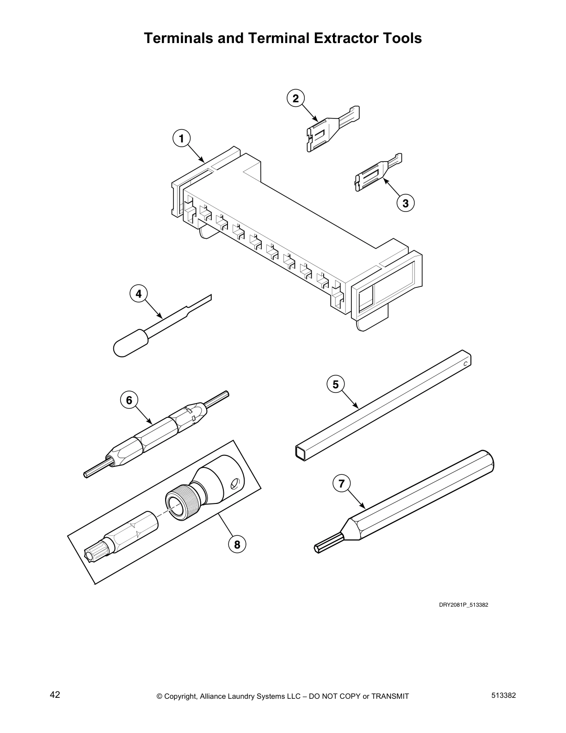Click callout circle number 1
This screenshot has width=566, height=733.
coord(181,138)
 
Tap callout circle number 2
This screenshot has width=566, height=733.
coord(295,98)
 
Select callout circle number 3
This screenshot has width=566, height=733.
coord(405,203)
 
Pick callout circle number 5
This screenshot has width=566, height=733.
coord(335,384)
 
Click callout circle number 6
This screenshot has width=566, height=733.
coord(129,400)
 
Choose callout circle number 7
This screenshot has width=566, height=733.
coord(341,484)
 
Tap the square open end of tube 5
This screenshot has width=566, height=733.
coord(301,453)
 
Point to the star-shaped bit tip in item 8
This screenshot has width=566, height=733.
coord(94,553)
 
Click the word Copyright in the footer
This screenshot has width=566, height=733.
coord(182,696)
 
